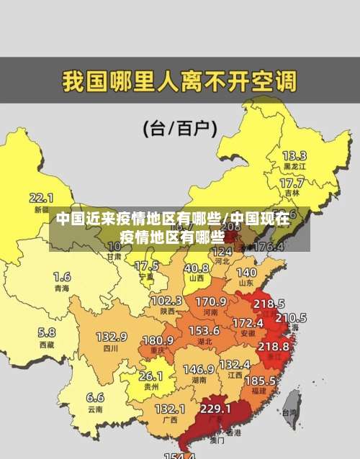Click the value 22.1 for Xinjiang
41,197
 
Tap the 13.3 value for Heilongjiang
294,155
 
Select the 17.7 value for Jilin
291,183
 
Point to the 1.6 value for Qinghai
62,276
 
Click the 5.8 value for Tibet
46,332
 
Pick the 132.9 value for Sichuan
111,337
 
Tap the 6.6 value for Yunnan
95,396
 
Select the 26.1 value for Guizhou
150,376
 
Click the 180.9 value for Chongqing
158,340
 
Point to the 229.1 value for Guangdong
215,408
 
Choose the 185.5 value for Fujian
260,380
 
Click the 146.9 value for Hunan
198,369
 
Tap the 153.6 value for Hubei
204,330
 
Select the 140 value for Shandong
246,273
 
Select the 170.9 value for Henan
211,301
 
